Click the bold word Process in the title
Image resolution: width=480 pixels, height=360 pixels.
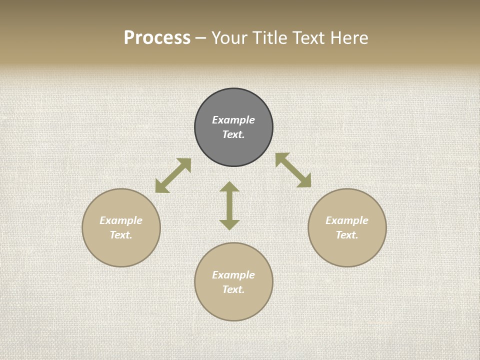click(157, 38)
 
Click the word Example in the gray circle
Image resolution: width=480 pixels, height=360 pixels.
click(233, 120)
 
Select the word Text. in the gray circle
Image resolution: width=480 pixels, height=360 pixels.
click(233, 134)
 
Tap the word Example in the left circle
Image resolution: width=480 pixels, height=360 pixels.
click(121, 220)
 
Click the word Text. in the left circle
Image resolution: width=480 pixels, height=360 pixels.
click(121, 235)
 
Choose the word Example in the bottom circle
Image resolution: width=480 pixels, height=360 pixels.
click(233, 275)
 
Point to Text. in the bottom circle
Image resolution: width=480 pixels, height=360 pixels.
click(233, 289)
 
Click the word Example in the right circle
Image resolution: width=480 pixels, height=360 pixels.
click(347, 220)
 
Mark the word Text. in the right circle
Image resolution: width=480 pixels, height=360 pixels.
click(347, 235)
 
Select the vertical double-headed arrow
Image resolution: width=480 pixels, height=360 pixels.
click(229, 205)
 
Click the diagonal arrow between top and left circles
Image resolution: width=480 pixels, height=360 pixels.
click(173, 175)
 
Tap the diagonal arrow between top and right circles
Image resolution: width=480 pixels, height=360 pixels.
click(293, 170)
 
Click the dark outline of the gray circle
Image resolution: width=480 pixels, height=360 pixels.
click(195, 127)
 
